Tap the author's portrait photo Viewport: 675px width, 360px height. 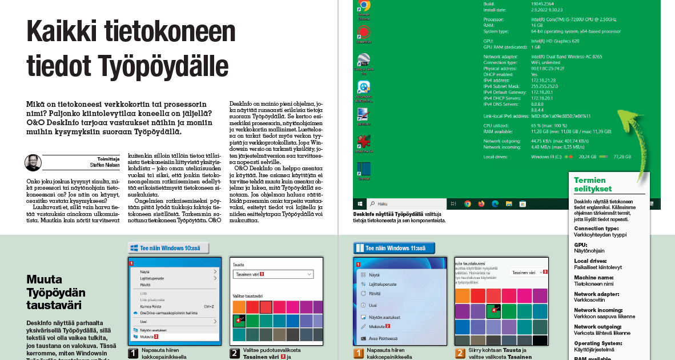coord(33,163)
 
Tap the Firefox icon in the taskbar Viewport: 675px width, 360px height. coord(481,203)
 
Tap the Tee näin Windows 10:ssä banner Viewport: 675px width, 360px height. coord(168,249)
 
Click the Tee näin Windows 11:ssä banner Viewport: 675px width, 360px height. coord(395,249)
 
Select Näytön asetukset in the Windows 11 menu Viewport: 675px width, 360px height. coord(384,317)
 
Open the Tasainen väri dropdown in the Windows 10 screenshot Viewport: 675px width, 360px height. coord(274,274)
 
